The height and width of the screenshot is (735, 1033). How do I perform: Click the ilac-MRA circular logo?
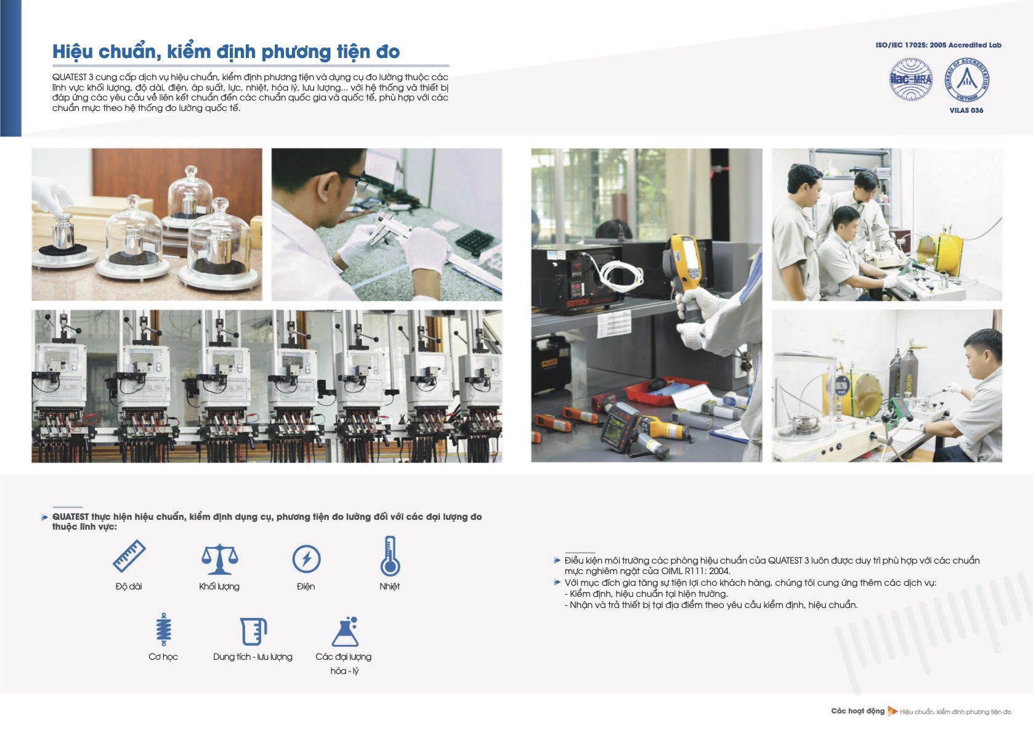[911, 80]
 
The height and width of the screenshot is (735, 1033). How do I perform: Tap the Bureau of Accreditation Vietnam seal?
[966, 80]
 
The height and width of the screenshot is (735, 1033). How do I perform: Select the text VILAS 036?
[966, 110]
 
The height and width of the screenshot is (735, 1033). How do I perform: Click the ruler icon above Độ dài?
[129, 556]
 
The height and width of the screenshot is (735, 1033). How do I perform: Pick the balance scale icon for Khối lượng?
[219, 559]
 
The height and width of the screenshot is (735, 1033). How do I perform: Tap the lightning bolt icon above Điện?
[306, 559]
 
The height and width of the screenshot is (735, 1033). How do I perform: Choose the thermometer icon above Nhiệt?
[390, 556]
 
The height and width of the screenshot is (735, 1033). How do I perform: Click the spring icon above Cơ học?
[164, 630]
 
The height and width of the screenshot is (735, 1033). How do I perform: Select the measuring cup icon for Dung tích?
[254, 631]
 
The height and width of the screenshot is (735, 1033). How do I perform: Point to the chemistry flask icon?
[346, 631]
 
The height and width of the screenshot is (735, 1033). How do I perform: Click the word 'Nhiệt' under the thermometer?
[389, 586]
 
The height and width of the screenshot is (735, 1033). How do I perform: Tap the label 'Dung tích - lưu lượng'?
[253, 657]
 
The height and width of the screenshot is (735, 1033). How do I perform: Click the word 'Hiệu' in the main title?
[73, 52]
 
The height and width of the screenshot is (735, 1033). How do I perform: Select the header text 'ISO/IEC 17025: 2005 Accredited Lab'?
[939, 45]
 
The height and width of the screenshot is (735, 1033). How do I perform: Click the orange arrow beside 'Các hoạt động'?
[893, 711]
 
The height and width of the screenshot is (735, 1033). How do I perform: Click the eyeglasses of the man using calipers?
[358, 179]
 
